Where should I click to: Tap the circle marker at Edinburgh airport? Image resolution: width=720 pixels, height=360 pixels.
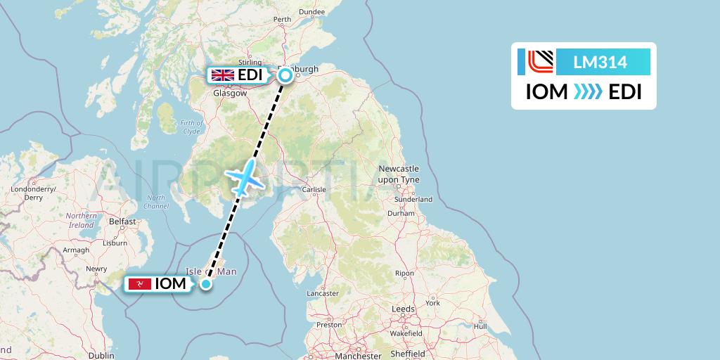coord(285,75)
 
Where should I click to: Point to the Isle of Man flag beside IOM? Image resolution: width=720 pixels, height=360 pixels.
coord(139,284)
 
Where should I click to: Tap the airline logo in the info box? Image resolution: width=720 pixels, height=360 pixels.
coord(540,62)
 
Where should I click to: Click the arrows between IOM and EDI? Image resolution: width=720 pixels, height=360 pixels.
coord(588,92)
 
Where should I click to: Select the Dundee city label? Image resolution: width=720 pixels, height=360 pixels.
coord(311,11)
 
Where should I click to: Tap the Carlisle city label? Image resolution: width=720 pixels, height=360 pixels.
coord(314,190)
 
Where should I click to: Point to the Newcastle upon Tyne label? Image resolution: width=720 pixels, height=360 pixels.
coord(399,174)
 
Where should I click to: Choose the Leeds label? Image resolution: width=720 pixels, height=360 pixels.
coord(404,309)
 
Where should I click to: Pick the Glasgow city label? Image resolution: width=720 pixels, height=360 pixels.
coord(230,93)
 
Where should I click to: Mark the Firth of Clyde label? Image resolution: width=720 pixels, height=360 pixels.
coord(191,127)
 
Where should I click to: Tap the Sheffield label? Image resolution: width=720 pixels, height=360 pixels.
coord(408,354)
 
